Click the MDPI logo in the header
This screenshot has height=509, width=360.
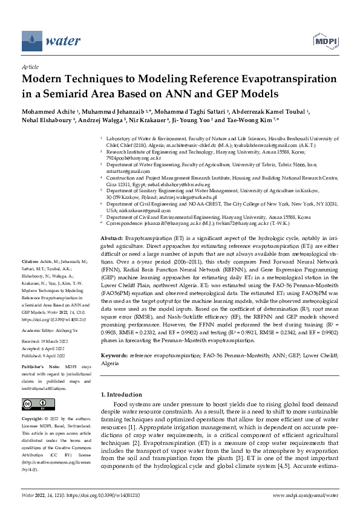point(324,41)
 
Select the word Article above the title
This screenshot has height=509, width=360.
point(30,67)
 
